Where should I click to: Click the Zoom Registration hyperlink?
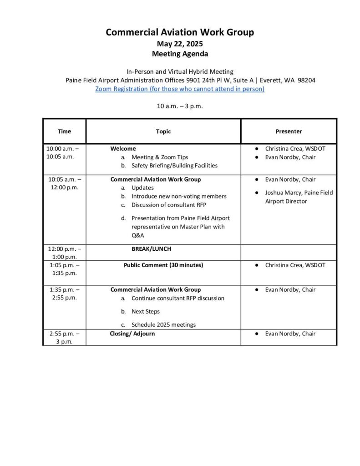click(180, 89)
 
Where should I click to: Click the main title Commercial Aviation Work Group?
click(180, 32)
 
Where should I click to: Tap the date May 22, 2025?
click(180, 44)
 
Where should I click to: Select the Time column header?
click(64, 132)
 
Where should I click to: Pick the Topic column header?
click(163, 132)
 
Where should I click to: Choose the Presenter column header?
click(289, 132)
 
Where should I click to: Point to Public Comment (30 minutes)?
click(163, 265)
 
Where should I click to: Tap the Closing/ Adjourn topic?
click(132, 334)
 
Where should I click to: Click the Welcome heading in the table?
click(123, 148)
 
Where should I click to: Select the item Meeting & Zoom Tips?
click(159, 157)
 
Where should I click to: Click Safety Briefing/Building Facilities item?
click(174, 166)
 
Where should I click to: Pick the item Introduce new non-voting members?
click(178, 196)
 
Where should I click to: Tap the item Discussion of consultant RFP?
click(169, 205)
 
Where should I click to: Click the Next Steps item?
click(146, 311)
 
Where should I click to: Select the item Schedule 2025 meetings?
click(163, 324)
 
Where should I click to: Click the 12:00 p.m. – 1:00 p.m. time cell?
click(64, 253)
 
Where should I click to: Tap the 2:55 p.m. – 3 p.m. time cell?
click(64, 338)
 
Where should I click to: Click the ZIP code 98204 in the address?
click(307, 80)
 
